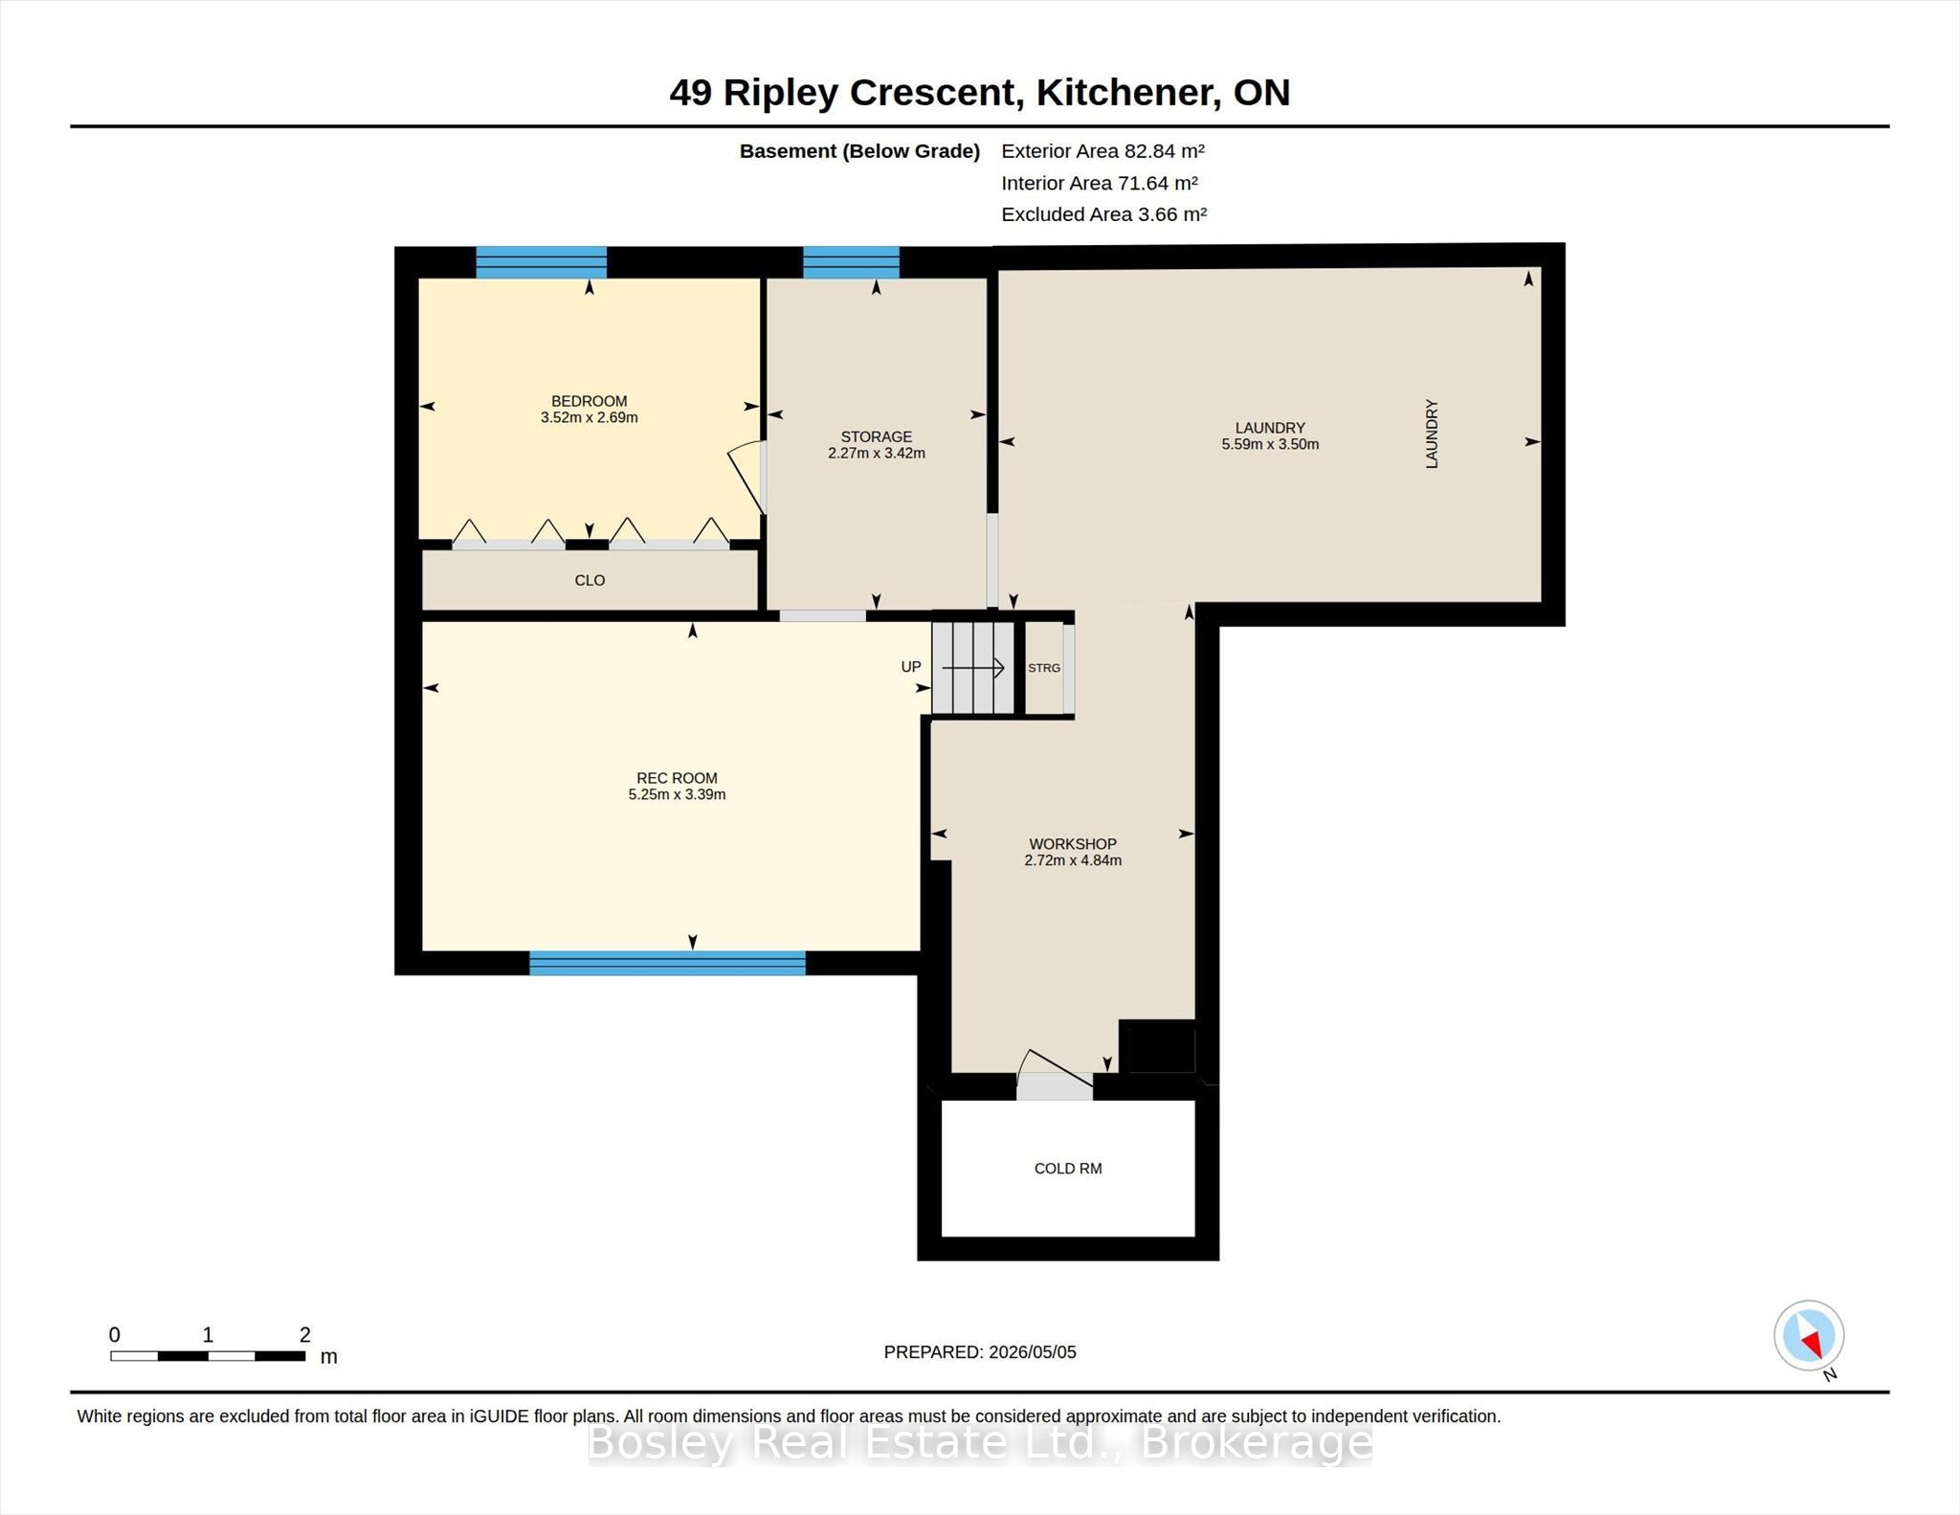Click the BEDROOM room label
589,401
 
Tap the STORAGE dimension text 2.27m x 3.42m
876,453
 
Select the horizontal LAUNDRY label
1270,428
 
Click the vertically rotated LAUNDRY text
1432,434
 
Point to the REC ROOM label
677,778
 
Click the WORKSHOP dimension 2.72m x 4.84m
1073,860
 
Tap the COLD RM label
1068,1169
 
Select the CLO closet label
590,580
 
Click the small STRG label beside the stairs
1044,668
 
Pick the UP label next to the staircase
911,667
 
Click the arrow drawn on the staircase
973,667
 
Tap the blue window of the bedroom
542,262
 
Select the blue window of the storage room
851,262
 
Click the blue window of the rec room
667,963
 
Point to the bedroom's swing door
746,478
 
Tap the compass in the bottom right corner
1809,1336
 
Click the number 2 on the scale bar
305,1335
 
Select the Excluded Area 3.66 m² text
1104,214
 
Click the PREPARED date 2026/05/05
1033,1352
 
